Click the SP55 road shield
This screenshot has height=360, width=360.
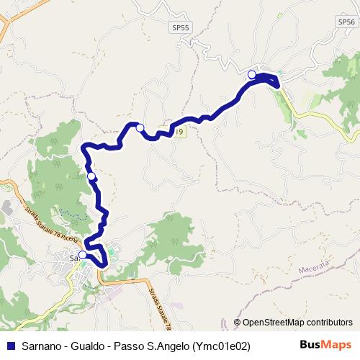pyautogui.click(x=181, y=27)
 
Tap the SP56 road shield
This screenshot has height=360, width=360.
pyautogui.click(x=346, y=22)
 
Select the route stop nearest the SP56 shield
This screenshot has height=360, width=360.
pyautogui.click(x=252, y=75)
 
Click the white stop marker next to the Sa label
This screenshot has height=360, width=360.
pyautogui.click(x=83, y=255)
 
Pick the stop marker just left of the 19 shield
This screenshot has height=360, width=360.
pyautogui.click(x=140, y=128)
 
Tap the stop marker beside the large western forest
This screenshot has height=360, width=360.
pyautogui.click(x=91, y=176)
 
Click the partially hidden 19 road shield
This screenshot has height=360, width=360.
pyautogui.click(x=179, y=132)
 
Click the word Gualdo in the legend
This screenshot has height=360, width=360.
pyautogui.click(x=89, y=346)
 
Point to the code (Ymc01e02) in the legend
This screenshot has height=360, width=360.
pyautogui.click(x=222, y=346)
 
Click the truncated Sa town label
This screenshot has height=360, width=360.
pyautogui.click(x=73, y=256)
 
